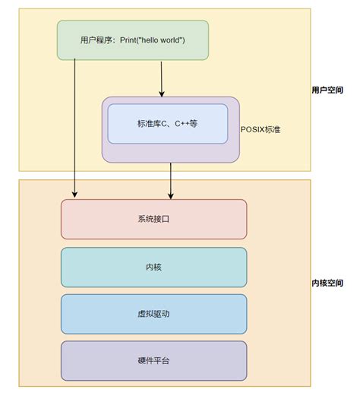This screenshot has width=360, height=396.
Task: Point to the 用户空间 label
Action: (x=327, y=89)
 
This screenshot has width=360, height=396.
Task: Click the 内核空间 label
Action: (x=327, y=283)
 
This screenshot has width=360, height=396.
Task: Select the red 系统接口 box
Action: (x=153, y=219)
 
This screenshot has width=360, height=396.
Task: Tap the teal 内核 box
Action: (x=153, y=267)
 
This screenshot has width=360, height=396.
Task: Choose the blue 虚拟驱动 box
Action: (x=153, y=314)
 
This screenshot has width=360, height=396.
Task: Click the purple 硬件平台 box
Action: (x=153, y=360)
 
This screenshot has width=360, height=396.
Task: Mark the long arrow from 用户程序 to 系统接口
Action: (x=74, y=129)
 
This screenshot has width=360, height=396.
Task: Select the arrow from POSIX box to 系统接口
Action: (x=171, y=179)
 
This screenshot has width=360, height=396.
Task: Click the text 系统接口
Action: (x=153, y=219)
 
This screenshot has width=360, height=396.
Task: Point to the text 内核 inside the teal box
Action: (x=153, y=267)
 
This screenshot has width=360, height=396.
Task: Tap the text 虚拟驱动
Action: (x=153, y=314)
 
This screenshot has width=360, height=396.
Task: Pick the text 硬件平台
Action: (x=153, y=360)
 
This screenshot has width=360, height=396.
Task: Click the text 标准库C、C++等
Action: (x=167, y=123)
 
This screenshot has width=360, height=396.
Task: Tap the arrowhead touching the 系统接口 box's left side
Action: (x=74, y=195)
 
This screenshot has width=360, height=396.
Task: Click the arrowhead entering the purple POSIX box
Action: (x=162, y=93)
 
